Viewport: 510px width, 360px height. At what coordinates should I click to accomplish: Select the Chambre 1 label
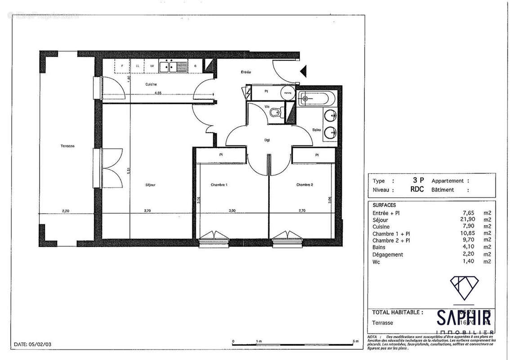(x=219, y=184)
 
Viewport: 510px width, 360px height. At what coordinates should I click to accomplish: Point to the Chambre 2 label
(x=304, y=184)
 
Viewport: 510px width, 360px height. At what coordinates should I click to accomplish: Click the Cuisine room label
(x=151, y=84)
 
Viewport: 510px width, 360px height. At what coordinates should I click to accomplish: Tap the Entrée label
(x=245, y=72)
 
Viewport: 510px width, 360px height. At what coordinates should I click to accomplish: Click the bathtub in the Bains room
(x=317, y=98)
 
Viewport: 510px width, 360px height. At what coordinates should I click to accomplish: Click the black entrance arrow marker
(x=304, y=70)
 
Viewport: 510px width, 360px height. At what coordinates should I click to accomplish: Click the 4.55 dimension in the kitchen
(x=158, y=94)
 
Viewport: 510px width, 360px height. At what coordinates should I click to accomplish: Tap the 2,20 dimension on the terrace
(x=67, y=210)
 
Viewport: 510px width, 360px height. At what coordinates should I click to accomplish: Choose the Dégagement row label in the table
(x=388, y=254)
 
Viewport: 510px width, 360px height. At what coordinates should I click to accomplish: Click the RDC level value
(x=416, y=189)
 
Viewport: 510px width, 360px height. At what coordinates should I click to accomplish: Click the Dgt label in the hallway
(x=267, y=139)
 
